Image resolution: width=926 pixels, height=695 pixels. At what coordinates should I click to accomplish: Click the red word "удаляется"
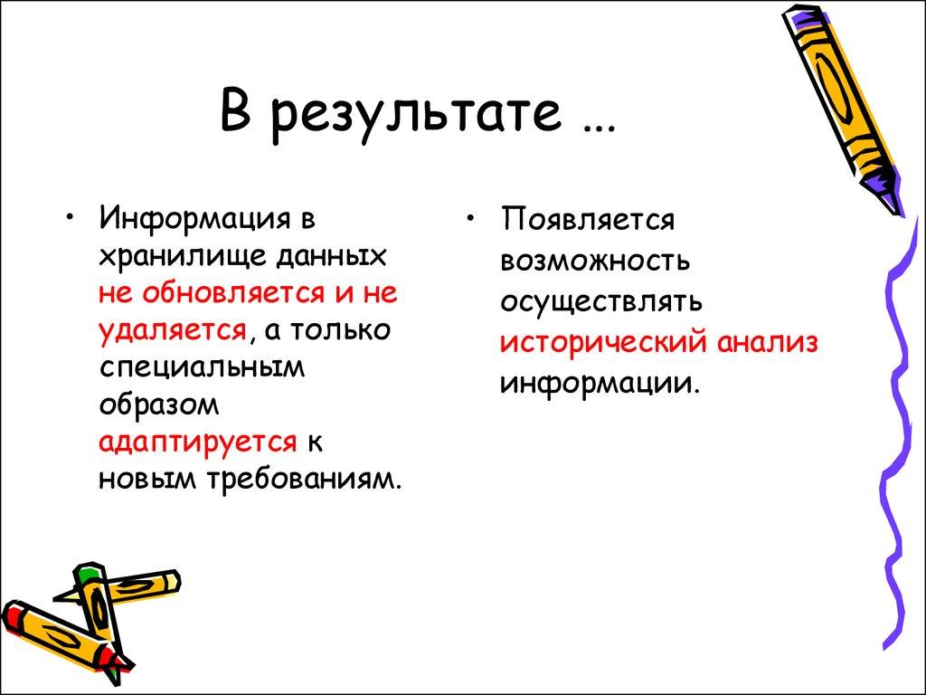[x=173, y=330]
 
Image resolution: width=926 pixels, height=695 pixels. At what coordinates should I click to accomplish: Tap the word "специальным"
[x=202, y=367]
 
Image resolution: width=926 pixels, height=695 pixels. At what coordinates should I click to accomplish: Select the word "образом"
[x=159, y=405]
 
